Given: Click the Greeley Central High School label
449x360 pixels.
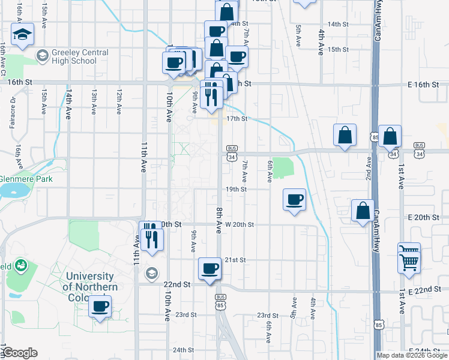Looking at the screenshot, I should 76,56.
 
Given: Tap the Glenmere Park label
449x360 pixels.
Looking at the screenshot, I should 26,179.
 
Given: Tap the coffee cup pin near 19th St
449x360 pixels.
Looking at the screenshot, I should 294,200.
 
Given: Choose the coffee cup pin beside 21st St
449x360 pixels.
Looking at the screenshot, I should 210,268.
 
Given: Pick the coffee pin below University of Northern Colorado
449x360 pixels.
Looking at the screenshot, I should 100,307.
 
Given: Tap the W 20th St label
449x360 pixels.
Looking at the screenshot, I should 240,224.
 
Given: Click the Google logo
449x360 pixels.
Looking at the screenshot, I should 20,353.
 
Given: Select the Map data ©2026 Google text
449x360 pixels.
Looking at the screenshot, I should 412,355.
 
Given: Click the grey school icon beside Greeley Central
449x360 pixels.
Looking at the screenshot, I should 42,56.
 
